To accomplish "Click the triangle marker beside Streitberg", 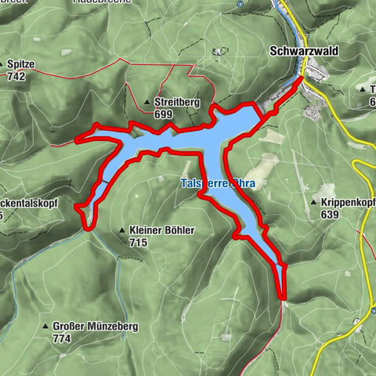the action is (x=148, y=103).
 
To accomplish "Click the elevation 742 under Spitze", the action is (x=16, y=77).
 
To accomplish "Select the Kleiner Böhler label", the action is (x=161, y=230).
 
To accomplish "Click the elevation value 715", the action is (x=139, y=243).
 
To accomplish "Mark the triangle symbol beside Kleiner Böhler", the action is (x=122, y=230).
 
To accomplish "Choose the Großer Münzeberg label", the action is (x=96, y=326).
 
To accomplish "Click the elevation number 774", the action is (x=61, y=338).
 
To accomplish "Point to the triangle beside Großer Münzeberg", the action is (x=45, y=326).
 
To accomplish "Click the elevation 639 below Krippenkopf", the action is (x=329, y=214).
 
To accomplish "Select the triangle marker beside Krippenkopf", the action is (x=313, y=202).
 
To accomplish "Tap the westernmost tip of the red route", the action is (x=77, y=142).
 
